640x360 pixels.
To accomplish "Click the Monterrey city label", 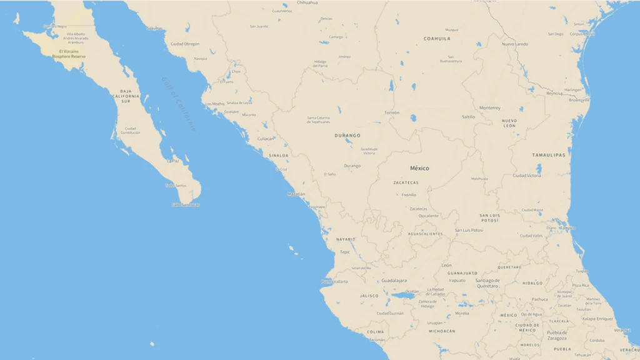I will click(x=490, y=108).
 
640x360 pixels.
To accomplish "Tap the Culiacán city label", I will click(x=266, y=139).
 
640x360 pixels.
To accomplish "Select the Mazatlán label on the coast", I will click(x=296, y=194).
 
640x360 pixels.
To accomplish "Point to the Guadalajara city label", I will click(x=394, y=281).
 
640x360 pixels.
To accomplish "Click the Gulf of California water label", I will click(x=178, y=104).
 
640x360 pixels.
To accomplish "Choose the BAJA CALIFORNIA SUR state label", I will click(x=126, y=96).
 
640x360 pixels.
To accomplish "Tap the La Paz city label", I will click(x=172, y=161).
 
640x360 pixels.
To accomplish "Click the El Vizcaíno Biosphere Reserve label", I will click(x=69, y=54).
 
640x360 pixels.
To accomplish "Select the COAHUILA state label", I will click(x=437, y=39).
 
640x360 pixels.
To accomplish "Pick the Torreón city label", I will click(x=392, y=112).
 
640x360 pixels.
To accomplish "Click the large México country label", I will click(x=419, y=168).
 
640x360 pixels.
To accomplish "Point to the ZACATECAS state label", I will click(x=406, y=182).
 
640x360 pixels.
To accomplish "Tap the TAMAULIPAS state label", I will click(x=549, y=155).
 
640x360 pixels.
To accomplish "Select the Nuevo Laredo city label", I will click(x=515, y=44).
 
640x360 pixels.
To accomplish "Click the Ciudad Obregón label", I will click(x=185, y=44).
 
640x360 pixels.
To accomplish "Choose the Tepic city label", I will click(x=345, y=252).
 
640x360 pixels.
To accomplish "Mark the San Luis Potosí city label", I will click(x=469, y=230).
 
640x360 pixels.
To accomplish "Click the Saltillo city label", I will click(x=468, y=117).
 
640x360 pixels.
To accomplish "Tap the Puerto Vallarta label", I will click(x=335, y=282).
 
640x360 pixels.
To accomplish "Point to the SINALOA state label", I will click(x=279, y=155).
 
